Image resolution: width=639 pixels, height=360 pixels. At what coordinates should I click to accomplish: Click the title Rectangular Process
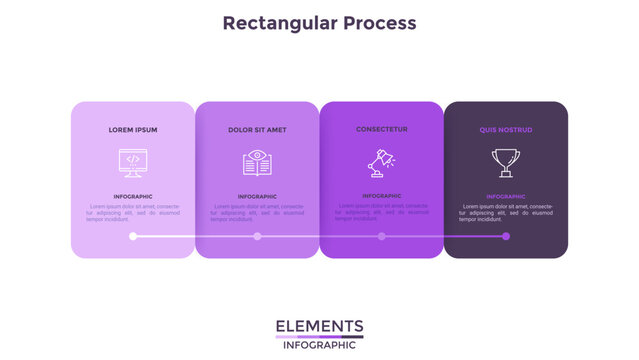[x=319, y=22]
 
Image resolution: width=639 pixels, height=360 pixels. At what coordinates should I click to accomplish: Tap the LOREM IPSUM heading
[x=133, y=130]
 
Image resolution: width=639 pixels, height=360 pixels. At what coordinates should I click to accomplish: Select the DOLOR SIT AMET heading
[x=257, y=130]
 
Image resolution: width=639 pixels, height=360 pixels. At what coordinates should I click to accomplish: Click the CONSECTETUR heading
[x=382, y=129]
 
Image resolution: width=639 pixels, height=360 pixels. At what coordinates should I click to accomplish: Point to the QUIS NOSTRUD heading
[x=506, y=130]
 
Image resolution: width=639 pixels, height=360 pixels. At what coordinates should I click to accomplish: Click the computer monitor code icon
[x=133, y=163]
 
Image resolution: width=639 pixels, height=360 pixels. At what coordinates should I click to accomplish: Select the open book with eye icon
[x=257, y=163]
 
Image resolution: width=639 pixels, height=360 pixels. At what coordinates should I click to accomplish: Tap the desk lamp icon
[x=381, y=161]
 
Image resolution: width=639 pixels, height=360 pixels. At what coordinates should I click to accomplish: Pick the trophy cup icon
[x=506, y=163]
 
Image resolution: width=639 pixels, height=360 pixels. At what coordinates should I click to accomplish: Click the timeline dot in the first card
[x=133, y=236]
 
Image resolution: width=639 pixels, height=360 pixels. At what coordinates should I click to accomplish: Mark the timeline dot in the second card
[x=257, y=236]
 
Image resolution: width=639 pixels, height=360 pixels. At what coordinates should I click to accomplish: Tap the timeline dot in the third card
[x=382, y=236]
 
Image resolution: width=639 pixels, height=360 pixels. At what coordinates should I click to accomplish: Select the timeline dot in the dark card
[x=506, y=236]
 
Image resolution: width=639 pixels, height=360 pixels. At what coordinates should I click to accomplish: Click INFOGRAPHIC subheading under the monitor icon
[x=133, y=197]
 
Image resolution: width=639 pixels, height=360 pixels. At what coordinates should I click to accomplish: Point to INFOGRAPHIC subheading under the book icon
[x=257, y=197]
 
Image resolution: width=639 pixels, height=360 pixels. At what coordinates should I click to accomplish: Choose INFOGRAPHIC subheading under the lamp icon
[x=382, y=196]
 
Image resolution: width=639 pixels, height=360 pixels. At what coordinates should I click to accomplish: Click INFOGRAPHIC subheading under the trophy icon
[x=506, y=197]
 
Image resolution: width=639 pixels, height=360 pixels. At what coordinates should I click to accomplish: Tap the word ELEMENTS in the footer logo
[x=319, y=326]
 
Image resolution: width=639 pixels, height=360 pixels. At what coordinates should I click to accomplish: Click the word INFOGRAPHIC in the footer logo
[x=319, y=346]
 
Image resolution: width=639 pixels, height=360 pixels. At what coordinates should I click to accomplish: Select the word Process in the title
[x=376, y=22]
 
